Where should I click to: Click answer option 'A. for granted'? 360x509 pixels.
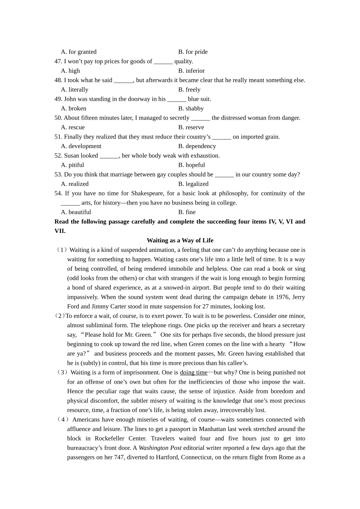pyautogui.click(x=78, y=52)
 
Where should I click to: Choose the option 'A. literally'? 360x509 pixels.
pyautogui.click(x=74, y=90)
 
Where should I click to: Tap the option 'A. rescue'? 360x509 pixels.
pyautogui.click(x=73, y=128)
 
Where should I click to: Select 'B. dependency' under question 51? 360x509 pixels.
pyautogui.click(x=197, y=146)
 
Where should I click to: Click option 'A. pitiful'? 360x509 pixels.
pyautogui.click(x=72, y=165)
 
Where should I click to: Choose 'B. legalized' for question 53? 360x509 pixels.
pyautogui.click(x=193, y=184)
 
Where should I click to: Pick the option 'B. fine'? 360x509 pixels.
pyautogui.click(x=187, y=212)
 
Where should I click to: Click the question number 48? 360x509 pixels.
pyautogui.click(x=58, y=80)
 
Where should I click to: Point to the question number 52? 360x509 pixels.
pyautogui.click(x=58, y=156)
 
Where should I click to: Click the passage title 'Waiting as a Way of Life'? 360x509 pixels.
pyautogui.click(x=180, y=240)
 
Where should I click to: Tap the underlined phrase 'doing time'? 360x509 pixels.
pyautogui.click(x=194, y=373)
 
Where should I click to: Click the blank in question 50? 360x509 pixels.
pyautogui.click(x=200, y=118)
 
